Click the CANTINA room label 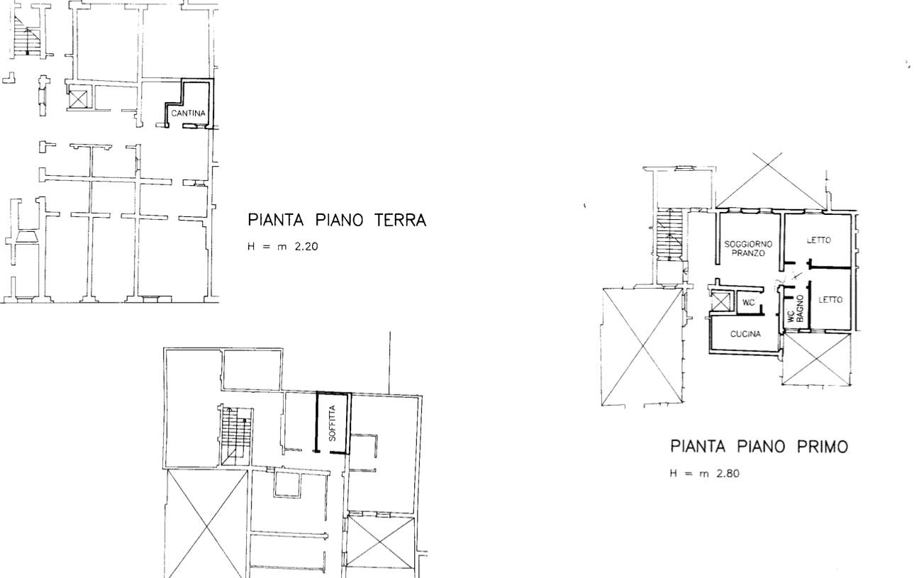188,113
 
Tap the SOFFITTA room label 333,423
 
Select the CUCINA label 745,334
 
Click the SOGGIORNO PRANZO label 748,249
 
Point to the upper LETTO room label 819,240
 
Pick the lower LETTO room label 830,300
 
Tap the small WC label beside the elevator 748,303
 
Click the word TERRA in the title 400,221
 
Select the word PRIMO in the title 822,447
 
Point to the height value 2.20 306,247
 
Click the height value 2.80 728,474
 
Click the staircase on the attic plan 236,435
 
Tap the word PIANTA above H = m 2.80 698,447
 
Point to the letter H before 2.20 251,247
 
